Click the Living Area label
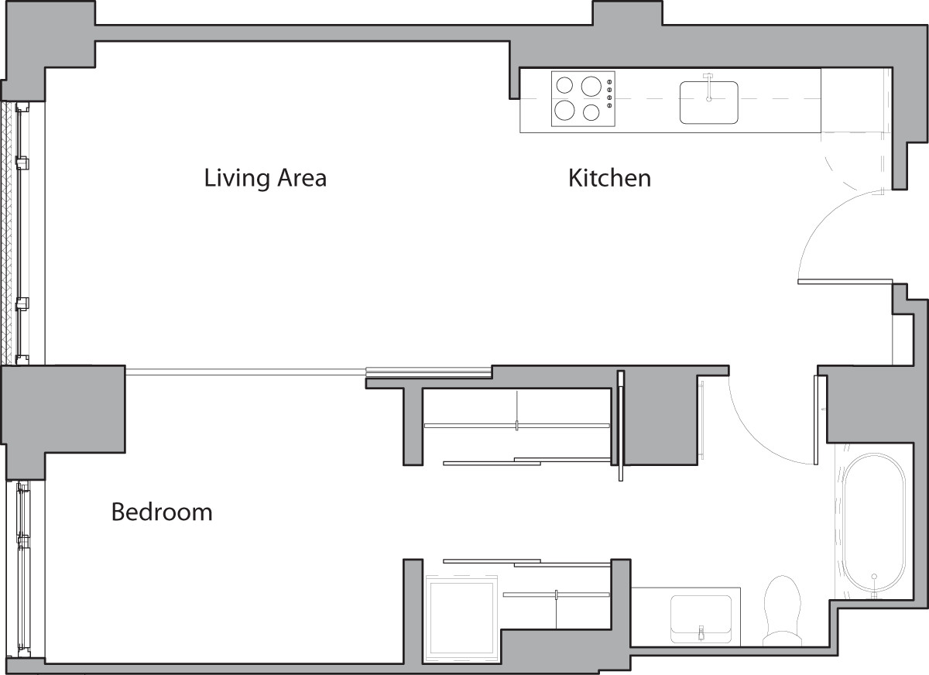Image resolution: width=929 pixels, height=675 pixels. [x=265, y=178]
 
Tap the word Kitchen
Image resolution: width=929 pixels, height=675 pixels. [x=609, y=178]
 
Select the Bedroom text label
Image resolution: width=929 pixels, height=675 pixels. [x=162, y=512]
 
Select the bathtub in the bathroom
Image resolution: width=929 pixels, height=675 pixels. [x=874, y=526]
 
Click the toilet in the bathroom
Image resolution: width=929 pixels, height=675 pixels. [x=780, y=608]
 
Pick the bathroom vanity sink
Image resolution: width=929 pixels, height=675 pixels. [x=701, y=617]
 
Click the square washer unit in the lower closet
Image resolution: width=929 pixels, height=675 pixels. [x=462, y=618]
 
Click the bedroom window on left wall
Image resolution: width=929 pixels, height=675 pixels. [x=22, y=569]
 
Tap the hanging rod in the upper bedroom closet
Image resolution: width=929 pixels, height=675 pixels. [x=516, y=425]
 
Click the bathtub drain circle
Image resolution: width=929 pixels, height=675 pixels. [x=874, y=577]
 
